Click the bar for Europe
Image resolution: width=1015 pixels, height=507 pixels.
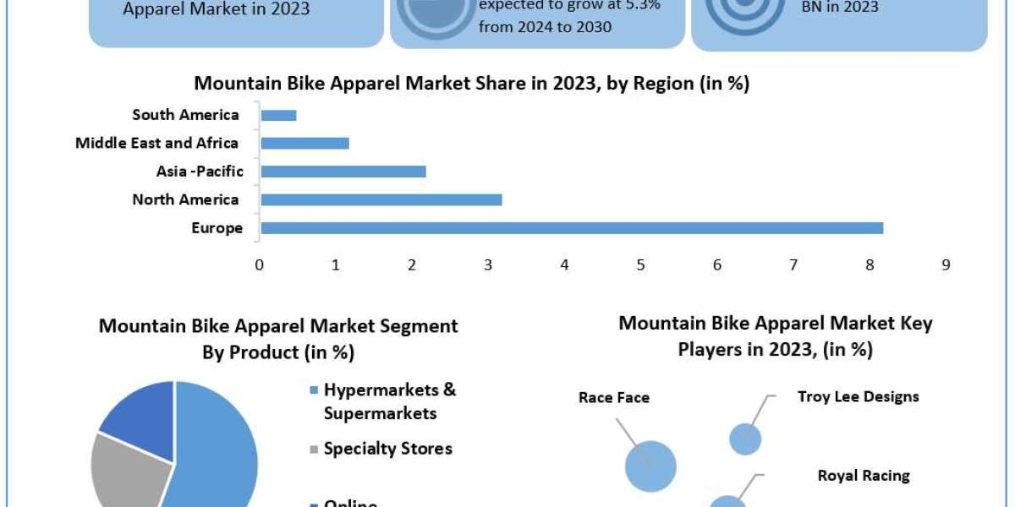572,228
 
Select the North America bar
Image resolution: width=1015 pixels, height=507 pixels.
381,200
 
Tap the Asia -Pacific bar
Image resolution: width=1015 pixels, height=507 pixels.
343,172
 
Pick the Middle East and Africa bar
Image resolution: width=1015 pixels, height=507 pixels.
305,144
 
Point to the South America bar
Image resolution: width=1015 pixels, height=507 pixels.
278,115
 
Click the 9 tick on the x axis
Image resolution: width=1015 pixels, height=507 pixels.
946,264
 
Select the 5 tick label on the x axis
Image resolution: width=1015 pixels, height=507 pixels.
641,264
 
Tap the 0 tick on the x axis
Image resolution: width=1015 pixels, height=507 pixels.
260,264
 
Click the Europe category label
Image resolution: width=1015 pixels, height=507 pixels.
217,228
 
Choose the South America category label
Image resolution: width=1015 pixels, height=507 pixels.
185,115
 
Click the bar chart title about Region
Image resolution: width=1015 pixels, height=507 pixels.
471,84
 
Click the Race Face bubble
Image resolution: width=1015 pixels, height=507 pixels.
650,466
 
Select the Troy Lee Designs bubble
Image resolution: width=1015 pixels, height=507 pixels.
745,439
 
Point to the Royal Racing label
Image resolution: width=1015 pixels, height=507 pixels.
864,476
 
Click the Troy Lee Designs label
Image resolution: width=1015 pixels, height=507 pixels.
858,396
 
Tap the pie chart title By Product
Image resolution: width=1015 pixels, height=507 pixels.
278,338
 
